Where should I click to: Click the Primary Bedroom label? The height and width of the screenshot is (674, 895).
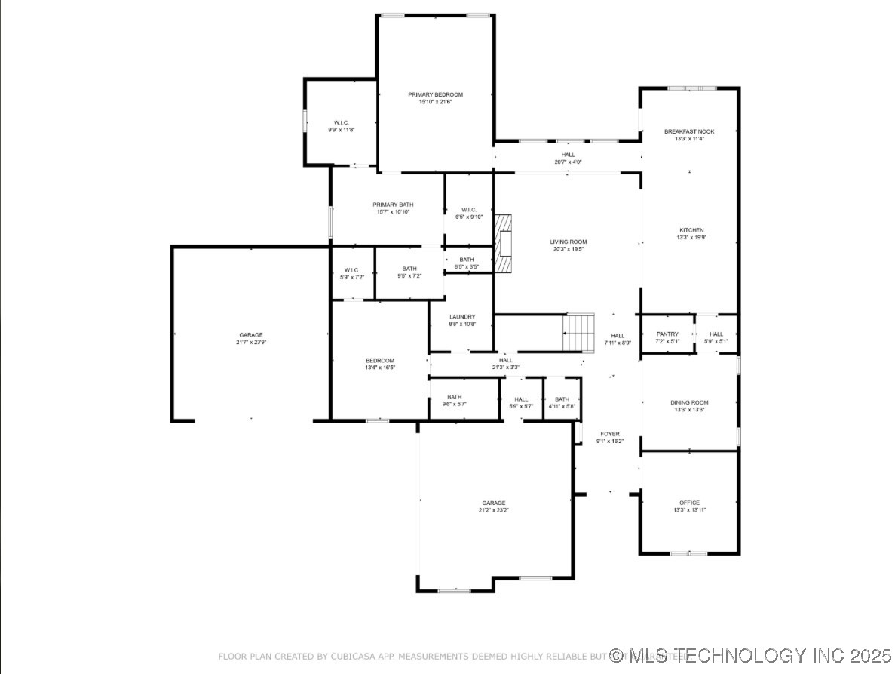(x=435, y=95)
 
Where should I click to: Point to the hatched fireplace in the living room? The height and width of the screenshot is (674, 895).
(x=503, y=242)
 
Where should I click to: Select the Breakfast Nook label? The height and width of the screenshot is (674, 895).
(x=688, y=131)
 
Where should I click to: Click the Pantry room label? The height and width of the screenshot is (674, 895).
(x=667, y=334)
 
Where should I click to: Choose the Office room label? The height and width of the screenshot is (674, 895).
(x=689, y=503)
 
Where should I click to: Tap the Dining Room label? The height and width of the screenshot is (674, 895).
(x=689, y=403)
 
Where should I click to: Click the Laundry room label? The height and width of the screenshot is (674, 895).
(x=461, y=317)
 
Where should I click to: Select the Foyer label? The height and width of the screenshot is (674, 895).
(x=609, y=435)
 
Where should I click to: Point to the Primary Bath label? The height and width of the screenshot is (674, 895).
(x=393, y=205)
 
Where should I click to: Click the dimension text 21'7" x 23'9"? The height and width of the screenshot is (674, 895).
(x=251, y=342)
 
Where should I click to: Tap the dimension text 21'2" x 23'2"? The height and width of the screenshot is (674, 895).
(x=494, y=510)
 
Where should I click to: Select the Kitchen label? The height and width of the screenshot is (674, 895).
(x=691, y=230)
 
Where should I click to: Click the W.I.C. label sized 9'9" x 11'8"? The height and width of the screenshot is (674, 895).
(x=341, y=123)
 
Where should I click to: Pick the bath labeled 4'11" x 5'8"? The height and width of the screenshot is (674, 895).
(x=562, y=399)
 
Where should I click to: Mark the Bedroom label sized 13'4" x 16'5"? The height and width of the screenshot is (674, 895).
(x=379, y=361)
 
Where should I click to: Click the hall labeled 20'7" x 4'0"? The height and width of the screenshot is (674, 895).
(x=567, y=155)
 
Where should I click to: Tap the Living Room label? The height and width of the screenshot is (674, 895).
(x=568, y=242)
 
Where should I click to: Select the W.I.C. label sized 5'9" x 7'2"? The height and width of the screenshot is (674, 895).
(x=351, y=270)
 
